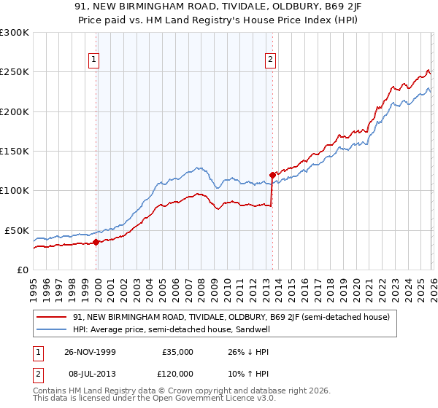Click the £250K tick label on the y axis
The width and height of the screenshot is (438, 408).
(15, 72)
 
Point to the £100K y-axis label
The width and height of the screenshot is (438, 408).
(15, 191)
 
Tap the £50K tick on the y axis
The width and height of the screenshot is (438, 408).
(18, 230)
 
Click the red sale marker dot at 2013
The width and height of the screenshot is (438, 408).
(272, 175)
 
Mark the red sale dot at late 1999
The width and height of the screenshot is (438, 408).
(96, 243)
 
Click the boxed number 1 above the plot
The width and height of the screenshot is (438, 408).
(96, 60)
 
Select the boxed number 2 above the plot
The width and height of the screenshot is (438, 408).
(271, 60)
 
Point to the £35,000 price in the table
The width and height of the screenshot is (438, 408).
(178, 351)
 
